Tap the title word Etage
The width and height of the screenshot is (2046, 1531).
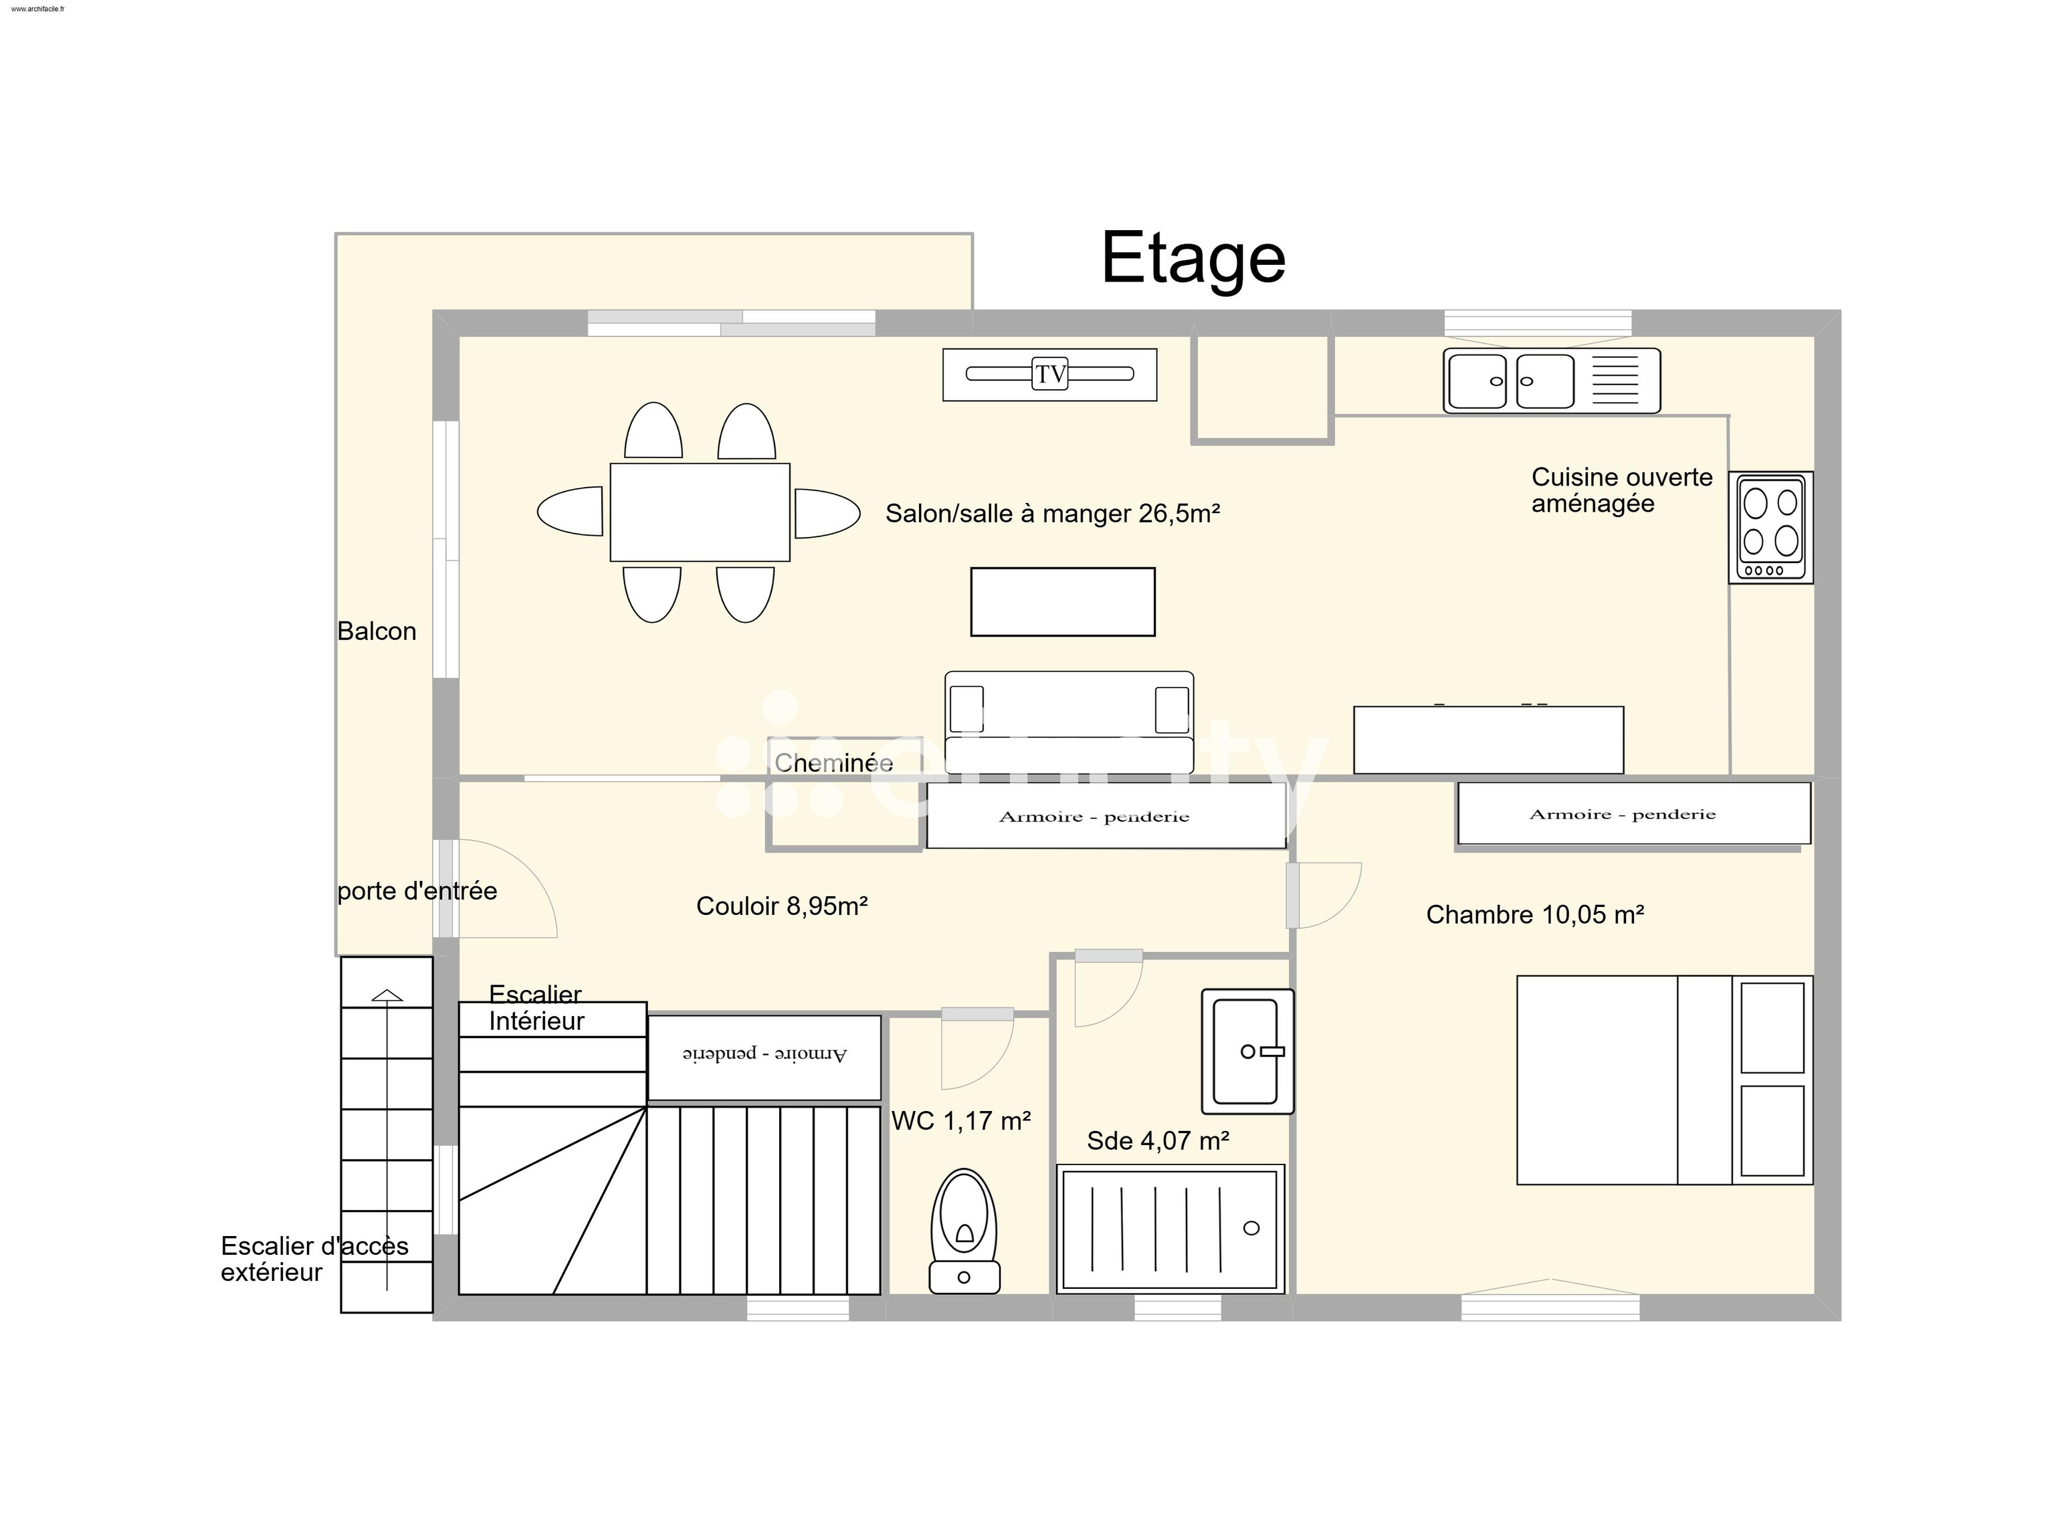(x=1193, y=258)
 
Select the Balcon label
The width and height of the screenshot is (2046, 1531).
(x=377, y=631)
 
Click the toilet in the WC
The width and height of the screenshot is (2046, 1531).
(x=964, y=1230)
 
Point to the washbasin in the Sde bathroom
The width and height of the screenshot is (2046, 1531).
(x=1246, y=1051)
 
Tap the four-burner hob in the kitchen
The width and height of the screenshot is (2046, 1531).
(x=1770, y=526)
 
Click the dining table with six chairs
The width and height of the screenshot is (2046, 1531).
(x=699, y=512)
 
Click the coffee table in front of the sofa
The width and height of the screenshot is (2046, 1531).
(x=1062, y=601)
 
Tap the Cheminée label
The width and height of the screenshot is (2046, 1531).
(x=833, y=762)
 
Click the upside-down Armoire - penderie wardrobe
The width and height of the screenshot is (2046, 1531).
(x=764, y=1057)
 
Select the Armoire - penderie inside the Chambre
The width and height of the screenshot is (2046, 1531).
(x=1633, y=813)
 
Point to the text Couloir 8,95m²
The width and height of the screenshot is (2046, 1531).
(x=782, y=906)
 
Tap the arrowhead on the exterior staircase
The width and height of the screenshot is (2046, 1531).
(x=387, y=995)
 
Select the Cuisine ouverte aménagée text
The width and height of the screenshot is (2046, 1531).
(x=1621, y=490)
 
